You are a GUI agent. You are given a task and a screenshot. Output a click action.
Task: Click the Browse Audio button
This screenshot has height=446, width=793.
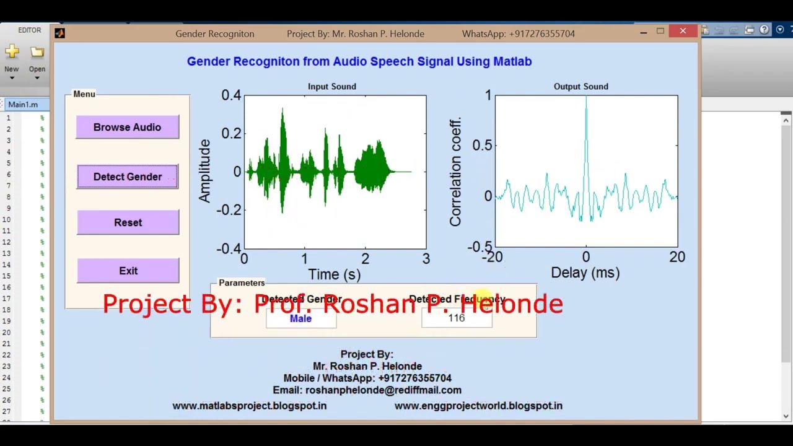point(127,127)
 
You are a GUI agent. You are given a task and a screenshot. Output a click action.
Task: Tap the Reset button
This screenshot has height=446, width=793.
point(128,222)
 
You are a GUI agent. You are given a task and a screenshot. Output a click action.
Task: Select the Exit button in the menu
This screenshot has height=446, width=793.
point(128,271)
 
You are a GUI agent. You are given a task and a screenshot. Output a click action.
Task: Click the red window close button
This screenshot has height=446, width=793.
point(683,31)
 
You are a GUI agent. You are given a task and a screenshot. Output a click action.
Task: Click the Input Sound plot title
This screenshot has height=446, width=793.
point(331,87)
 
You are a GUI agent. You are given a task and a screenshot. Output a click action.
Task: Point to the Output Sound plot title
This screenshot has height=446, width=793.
point(581,87)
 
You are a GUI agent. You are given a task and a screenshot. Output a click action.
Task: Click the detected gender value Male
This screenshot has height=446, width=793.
point(300,318)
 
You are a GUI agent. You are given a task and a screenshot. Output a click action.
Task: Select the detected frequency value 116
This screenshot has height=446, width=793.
point(456,318)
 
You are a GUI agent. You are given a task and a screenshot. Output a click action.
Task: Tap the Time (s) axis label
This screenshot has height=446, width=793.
point(334,274)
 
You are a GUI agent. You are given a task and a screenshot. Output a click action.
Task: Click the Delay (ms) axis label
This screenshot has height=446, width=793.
point(585,273)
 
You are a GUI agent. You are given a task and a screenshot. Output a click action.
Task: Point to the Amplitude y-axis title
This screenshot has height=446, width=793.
point(204,171)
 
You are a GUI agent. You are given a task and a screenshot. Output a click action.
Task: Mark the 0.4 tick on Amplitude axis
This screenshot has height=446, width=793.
point(230,95)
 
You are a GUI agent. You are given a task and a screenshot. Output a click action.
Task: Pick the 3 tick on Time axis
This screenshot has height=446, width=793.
point(426,259)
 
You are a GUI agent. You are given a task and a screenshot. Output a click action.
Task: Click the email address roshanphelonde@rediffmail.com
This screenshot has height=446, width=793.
point(383,390)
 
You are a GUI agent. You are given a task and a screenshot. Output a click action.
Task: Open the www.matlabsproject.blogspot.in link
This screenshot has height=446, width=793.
point(249,406)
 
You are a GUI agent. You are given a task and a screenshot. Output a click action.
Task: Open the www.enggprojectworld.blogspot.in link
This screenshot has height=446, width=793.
point(478,406)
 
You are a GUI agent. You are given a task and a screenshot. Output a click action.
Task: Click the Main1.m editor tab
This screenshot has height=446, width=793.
point(23,105)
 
